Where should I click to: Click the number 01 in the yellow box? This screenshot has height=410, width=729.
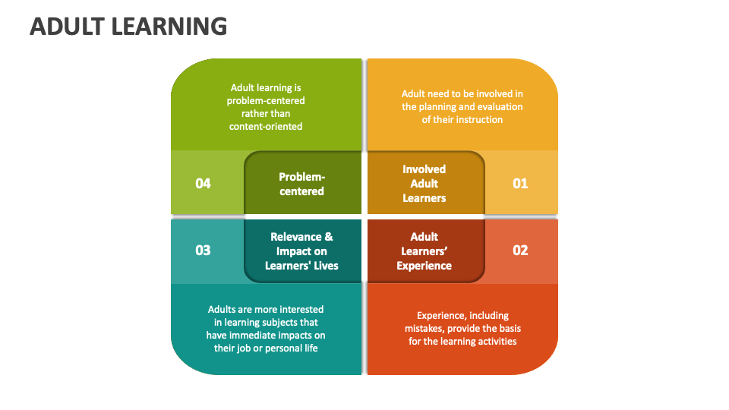click(520, 183)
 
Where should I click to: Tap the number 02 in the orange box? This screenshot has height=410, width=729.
click(520, 250)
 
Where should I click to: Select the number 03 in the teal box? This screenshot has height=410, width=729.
click(203, 250)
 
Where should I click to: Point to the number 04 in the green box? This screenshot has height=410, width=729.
click(203, 183)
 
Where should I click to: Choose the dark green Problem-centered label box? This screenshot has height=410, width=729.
click(302, 184)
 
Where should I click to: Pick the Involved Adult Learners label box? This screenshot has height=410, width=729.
click(424, 184)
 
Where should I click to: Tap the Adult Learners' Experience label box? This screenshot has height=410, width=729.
click(424, 251)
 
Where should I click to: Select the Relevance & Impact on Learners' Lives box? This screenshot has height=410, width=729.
click(302, 251)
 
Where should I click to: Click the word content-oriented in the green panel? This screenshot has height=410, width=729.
click(266, 127)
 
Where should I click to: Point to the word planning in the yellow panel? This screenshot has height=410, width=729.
click(442, 107)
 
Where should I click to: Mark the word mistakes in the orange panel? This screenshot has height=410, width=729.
click(425, 329)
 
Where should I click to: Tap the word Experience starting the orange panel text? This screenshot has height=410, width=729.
click(440, 316)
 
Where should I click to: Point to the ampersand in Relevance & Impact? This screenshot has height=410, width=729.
click(328, 237)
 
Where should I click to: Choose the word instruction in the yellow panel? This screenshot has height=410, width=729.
click(479, 120)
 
